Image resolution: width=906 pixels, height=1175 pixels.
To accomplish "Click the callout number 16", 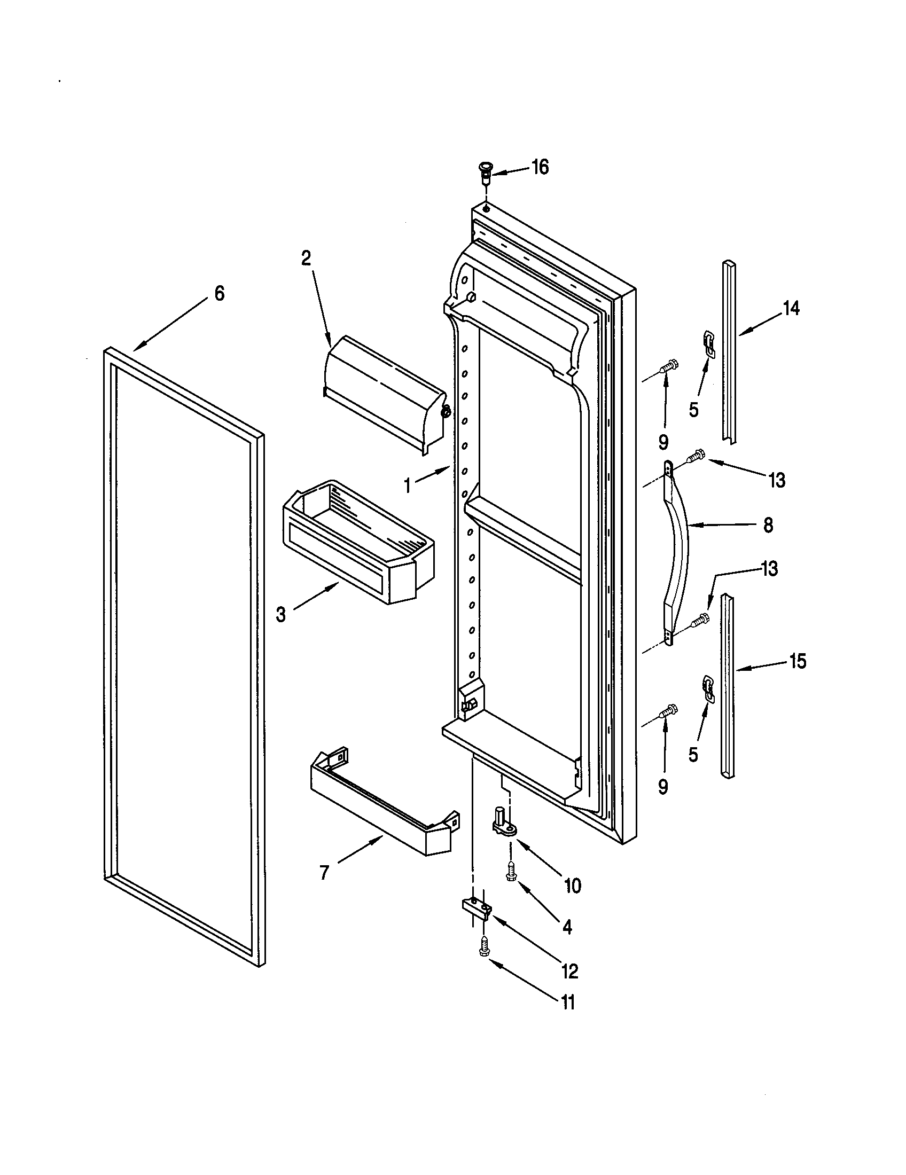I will [x=540, y=167].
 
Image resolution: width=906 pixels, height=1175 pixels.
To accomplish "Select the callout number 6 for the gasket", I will [x=219, y=294].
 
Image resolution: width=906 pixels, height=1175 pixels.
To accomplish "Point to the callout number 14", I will [x=791, y=309].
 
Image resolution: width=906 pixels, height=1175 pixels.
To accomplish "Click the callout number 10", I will [x=573, y=886].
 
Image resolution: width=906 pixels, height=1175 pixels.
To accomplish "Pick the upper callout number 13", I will [x=777, y=480].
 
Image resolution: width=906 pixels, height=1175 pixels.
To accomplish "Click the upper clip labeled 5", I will [x=709, y=343].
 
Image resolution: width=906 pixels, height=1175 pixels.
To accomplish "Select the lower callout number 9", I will [x=663, y=787].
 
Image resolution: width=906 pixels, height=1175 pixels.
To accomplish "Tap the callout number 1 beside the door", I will [x=408, y=486].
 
